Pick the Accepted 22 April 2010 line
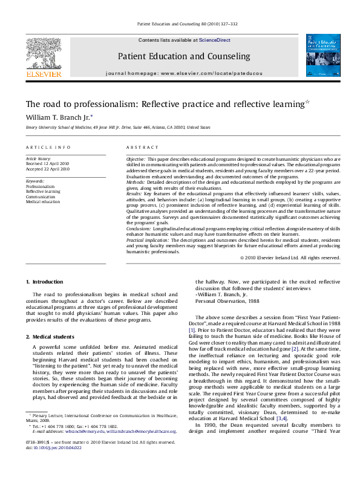tap(48, 169)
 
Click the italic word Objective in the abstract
tap(136, 158)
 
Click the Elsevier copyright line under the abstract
tap(290, 258)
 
